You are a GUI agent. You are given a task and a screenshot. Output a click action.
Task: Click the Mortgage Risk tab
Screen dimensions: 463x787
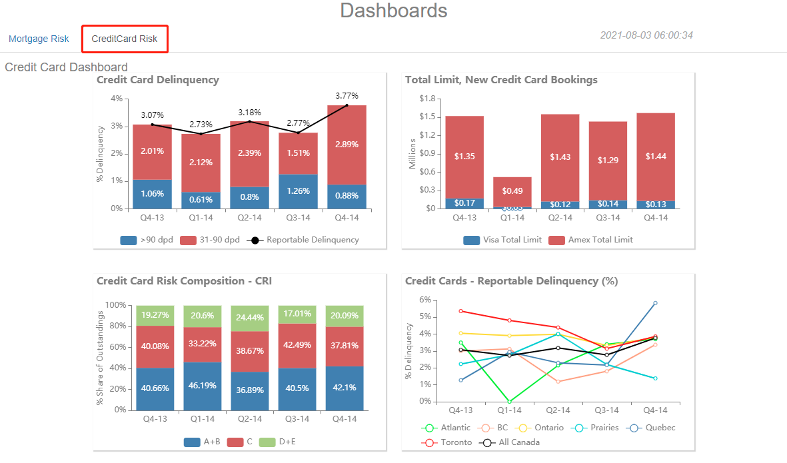(39, 39)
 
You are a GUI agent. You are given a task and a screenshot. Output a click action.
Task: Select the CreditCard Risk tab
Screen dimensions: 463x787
(125, 39)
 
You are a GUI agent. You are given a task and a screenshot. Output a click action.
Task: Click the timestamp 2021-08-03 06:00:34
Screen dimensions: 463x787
(646, 35)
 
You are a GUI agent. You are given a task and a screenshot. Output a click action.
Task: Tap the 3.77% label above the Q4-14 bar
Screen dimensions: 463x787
(347, 96)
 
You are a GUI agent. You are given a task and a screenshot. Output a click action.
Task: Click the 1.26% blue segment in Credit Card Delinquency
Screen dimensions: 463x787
(298, 191)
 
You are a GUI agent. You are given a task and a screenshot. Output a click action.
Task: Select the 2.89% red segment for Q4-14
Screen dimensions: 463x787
(347, 145)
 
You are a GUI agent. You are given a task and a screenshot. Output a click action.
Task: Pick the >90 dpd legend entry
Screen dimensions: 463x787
(147, 240)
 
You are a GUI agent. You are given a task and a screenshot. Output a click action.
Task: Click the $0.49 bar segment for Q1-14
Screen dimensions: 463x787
(512, 191)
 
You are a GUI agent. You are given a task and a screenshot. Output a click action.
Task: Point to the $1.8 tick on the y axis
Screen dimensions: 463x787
(426, 99)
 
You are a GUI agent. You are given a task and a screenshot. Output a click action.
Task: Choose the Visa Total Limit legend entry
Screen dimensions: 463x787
(502, 240)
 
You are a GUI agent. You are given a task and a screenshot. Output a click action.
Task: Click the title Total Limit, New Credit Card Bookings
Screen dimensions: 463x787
(501, 80)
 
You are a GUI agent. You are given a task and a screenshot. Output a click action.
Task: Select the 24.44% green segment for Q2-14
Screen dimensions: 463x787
(250, 318)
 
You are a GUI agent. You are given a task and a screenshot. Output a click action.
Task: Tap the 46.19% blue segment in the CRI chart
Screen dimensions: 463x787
(202, 386)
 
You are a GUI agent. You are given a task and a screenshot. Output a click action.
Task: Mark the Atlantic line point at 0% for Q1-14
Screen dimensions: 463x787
(510, 402)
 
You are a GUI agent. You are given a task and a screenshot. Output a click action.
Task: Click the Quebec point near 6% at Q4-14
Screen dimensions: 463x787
(655, 303)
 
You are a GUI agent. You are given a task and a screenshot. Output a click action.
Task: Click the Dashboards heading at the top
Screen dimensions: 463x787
(393, 11)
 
